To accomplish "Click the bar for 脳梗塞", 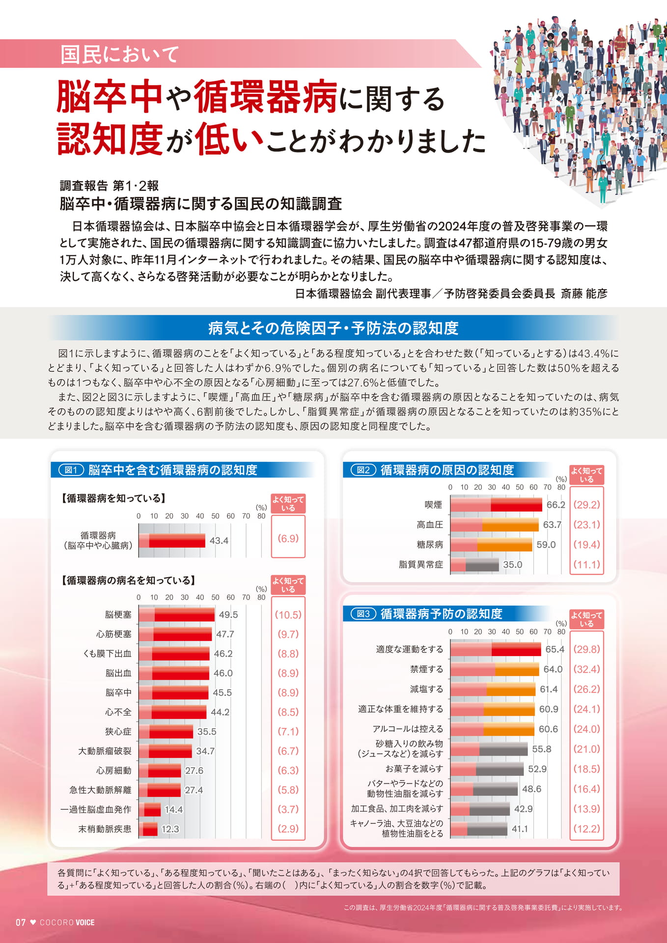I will (x=176, y=614).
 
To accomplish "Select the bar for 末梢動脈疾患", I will (x=148, y=829).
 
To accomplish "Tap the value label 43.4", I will (x=219, y=541).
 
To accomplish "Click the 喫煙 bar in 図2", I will (x=496, y=505).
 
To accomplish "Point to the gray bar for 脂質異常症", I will (x=474, y=565).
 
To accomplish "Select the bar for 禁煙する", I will (x=495, y=669).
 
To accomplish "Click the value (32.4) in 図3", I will (x=586, y=669).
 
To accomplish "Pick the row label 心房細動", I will (x=113, y=771).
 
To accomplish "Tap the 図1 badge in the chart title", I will (x=71, y=470).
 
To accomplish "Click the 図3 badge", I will (x=363, y=614).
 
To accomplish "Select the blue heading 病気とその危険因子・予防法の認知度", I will (x=333, y=328).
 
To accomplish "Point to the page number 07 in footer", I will (x=21, y=922).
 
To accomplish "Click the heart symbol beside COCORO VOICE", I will (x=33, y=922).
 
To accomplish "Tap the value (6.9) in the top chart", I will (x=288, y=538).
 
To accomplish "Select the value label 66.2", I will (x=556, y=505).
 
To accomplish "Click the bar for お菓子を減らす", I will (x=487, y=769).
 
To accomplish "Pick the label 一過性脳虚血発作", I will (x=96, y=809).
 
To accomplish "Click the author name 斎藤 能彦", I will (x=584, y=294).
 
